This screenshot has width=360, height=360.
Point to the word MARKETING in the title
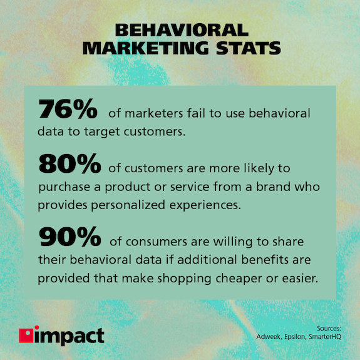141,48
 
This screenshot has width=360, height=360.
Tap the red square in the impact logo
26,336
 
